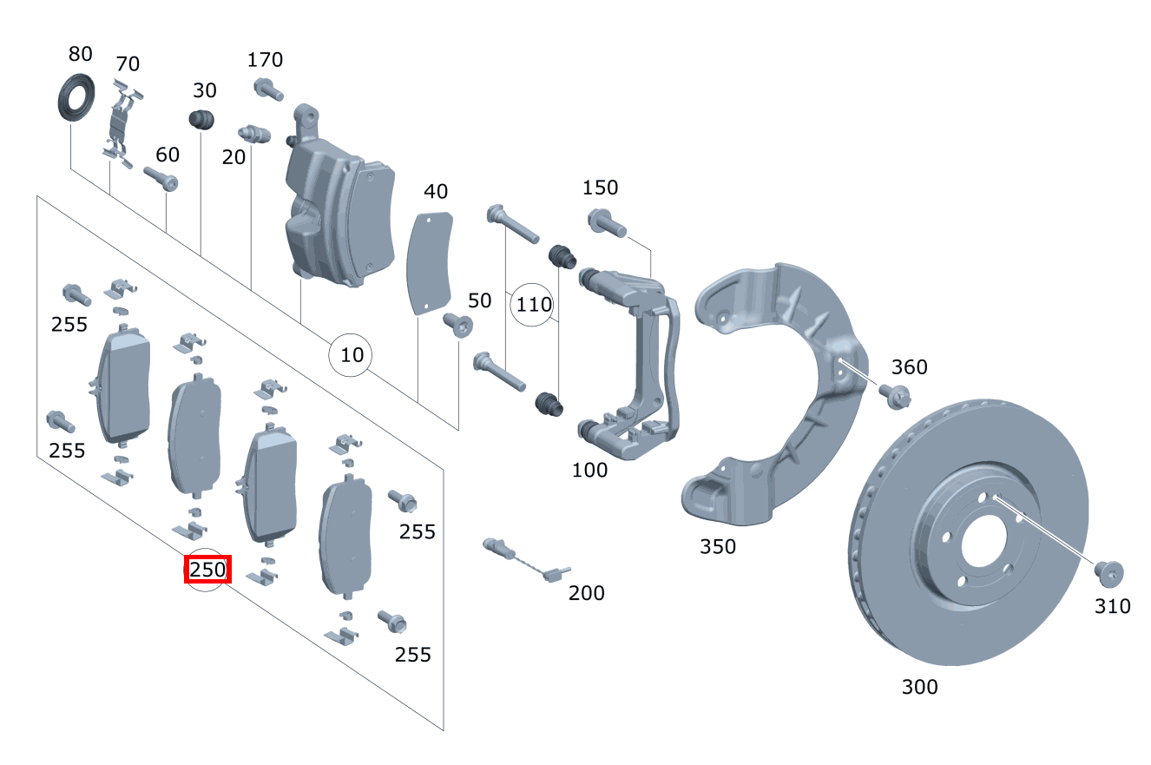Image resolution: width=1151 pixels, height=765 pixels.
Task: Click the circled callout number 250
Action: pos(207,570)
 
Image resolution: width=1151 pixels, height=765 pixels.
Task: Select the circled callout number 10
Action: pos(352,355)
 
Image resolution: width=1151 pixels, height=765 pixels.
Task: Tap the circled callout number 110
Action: pos(534,305)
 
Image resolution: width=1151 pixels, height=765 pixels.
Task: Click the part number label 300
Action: pos(919,687)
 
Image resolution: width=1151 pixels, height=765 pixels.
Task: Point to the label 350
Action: pos(717,546)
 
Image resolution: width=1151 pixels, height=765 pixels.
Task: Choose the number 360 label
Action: pos(909,367)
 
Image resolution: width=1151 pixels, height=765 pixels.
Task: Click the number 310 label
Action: pos(1113,606)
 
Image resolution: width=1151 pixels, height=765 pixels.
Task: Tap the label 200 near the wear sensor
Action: pos(587,593)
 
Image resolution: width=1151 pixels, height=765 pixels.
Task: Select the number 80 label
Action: pos(80,55)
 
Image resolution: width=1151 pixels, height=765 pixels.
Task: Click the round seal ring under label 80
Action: pos(76,99)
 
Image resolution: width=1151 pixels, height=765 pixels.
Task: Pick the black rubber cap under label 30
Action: pos(202,121)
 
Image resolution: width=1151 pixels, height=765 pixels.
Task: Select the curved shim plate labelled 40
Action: pos(430,261)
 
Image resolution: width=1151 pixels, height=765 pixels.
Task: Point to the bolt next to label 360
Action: pos(893,395)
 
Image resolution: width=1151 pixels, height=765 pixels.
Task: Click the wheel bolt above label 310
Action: pos(1107,572)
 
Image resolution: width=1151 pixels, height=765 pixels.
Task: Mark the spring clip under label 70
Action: pos(122,122)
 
